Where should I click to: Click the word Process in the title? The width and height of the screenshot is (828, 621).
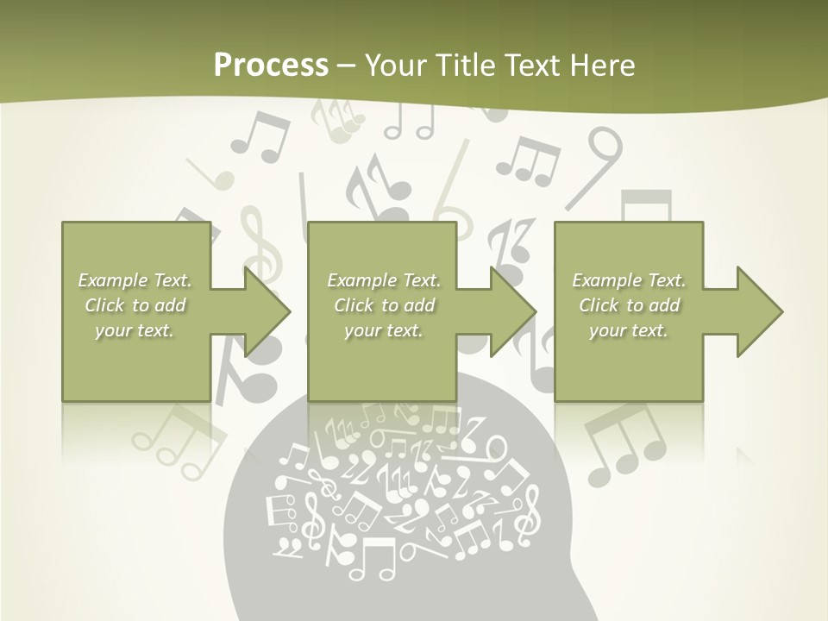coord(271,65)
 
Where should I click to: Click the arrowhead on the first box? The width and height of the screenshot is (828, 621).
coord(267,311)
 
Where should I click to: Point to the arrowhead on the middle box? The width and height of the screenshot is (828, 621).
coord(513,311)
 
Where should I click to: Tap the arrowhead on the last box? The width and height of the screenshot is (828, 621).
coord(759,311)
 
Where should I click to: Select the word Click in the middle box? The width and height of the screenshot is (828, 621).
coord(352,305)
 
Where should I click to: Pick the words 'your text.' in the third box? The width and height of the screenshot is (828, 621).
coord(629,330)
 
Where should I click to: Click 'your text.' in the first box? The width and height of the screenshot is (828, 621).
coord(135,330)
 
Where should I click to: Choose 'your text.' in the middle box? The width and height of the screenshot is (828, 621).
coord(384,330)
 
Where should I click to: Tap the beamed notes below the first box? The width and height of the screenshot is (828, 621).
coord(177,440)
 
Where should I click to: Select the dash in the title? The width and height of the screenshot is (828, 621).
coord(347,65)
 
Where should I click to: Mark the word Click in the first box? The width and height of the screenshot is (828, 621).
coord(104,305)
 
